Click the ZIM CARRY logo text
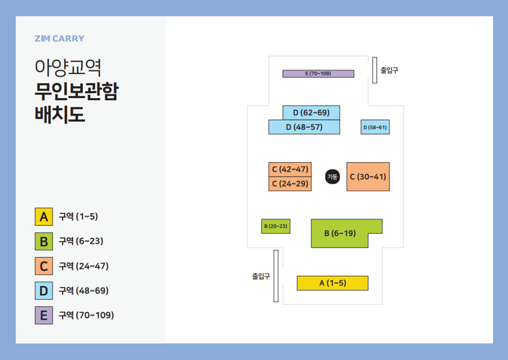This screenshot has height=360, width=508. [59, 39]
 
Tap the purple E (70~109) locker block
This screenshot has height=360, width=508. [318, 73]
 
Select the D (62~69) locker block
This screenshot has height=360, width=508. [311, 113]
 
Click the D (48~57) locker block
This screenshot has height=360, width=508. [304, 127]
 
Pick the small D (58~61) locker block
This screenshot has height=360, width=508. [375, 127]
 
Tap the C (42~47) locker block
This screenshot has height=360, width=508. [290, 169]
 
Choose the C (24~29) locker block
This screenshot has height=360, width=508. [290, 184]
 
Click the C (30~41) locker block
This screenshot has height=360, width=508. [368, 177]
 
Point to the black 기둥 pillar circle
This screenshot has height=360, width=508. [332, 177]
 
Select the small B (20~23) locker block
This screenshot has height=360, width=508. [276, 226]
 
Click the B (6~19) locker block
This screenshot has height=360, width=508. [340, 233]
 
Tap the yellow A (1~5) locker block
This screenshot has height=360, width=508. [332, 283]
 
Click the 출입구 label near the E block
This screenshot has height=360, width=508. [389, 70]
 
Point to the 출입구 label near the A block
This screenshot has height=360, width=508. [261, 276]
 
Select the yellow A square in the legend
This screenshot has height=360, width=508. [44, 217]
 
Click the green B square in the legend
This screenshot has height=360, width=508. [44, 241]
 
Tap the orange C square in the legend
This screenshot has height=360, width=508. [44, 266]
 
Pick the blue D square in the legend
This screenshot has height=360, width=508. [44, 291]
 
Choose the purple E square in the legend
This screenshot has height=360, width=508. [44, 315]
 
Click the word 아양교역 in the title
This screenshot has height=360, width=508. [68, 68]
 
